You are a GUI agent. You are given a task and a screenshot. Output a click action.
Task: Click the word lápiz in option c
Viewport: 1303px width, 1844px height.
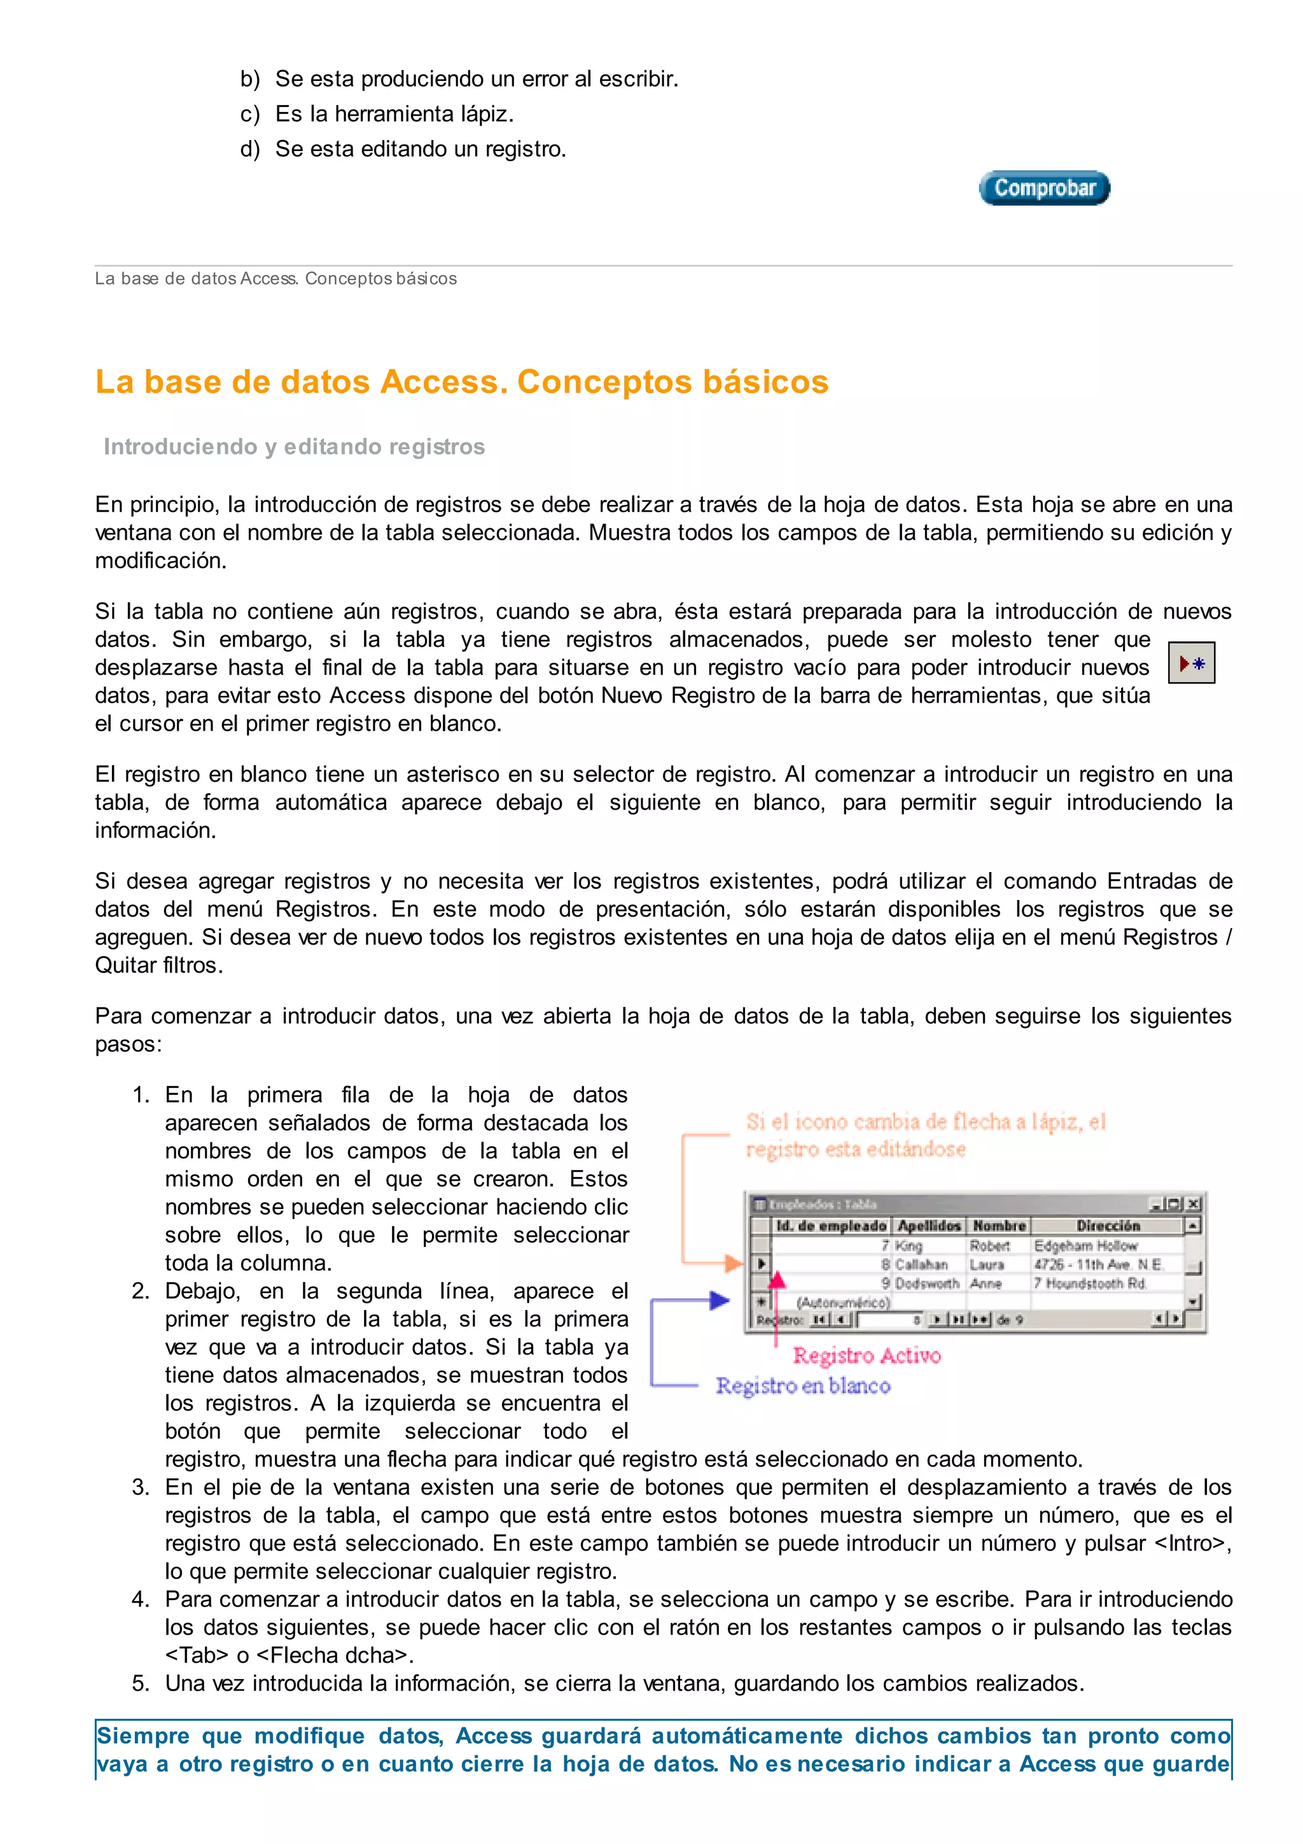(485, 114)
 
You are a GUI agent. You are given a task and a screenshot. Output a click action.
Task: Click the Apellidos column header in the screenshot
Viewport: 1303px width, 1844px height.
(928, 1225)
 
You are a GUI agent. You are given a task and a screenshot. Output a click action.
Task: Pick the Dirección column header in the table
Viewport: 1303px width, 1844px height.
(1107, 1225)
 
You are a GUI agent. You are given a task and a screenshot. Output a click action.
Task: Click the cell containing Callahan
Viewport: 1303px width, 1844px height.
(921, 1264)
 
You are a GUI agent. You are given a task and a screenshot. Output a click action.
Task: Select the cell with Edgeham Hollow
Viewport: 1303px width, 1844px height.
(1085, 1246)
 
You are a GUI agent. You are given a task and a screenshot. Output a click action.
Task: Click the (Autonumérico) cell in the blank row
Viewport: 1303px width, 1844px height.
(842, 1302)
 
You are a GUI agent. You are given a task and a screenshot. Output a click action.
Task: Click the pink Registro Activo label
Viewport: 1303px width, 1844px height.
(867, 1356)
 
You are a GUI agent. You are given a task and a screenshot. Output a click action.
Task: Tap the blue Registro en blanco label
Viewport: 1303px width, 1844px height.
(803, 1386)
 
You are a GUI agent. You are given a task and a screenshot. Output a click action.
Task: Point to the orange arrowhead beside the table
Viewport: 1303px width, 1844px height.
(734, 1263)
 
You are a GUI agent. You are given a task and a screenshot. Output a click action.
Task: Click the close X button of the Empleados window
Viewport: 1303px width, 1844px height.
(1193, 1204)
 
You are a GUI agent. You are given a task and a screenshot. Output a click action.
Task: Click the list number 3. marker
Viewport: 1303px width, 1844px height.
(141, 1488)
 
